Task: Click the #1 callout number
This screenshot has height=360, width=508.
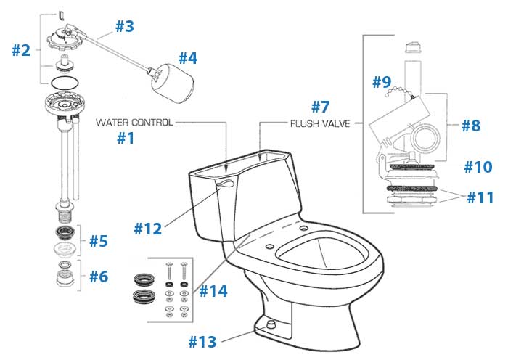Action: [126, 138]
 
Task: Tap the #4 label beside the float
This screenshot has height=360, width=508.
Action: [188, 58]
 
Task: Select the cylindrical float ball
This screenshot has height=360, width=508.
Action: [173, 83]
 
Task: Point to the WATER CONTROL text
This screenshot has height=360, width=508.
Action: [134, 123]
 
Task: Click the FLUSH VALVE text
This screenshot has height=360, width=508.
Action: [320, 123]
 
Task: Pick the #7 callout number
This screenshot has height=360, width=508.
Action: [321, 107]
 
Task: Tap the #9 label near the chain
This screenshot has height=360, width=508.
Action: [382, 82]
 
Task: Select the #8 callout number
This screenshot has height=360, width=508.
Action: [471, 126]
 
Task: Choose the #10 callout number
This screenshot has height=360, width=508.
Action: [478, 167]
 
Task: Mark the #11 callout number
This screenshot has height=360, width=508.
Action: [480, 197]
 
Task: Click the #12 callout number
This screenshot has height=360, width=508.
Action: [148, 229]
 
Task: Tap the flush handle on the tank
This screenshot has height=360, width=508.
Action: [226, 184]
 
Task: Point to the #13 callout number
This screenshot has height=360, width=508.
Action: [202, 342]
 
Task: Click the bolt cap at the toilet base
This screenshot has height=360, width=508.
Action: [271, 324]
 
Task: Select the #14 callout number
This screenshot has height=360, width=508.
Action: [213, 291]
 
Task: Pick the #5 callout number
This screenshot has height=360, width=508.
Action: [99, 241]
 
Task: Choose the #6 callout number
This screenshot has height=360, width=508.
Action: [99, 277]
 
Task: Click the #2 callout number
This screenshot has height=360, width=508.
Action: [21, 50]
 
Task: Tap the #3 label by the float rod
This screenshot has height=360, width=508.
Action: [125, 26]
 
